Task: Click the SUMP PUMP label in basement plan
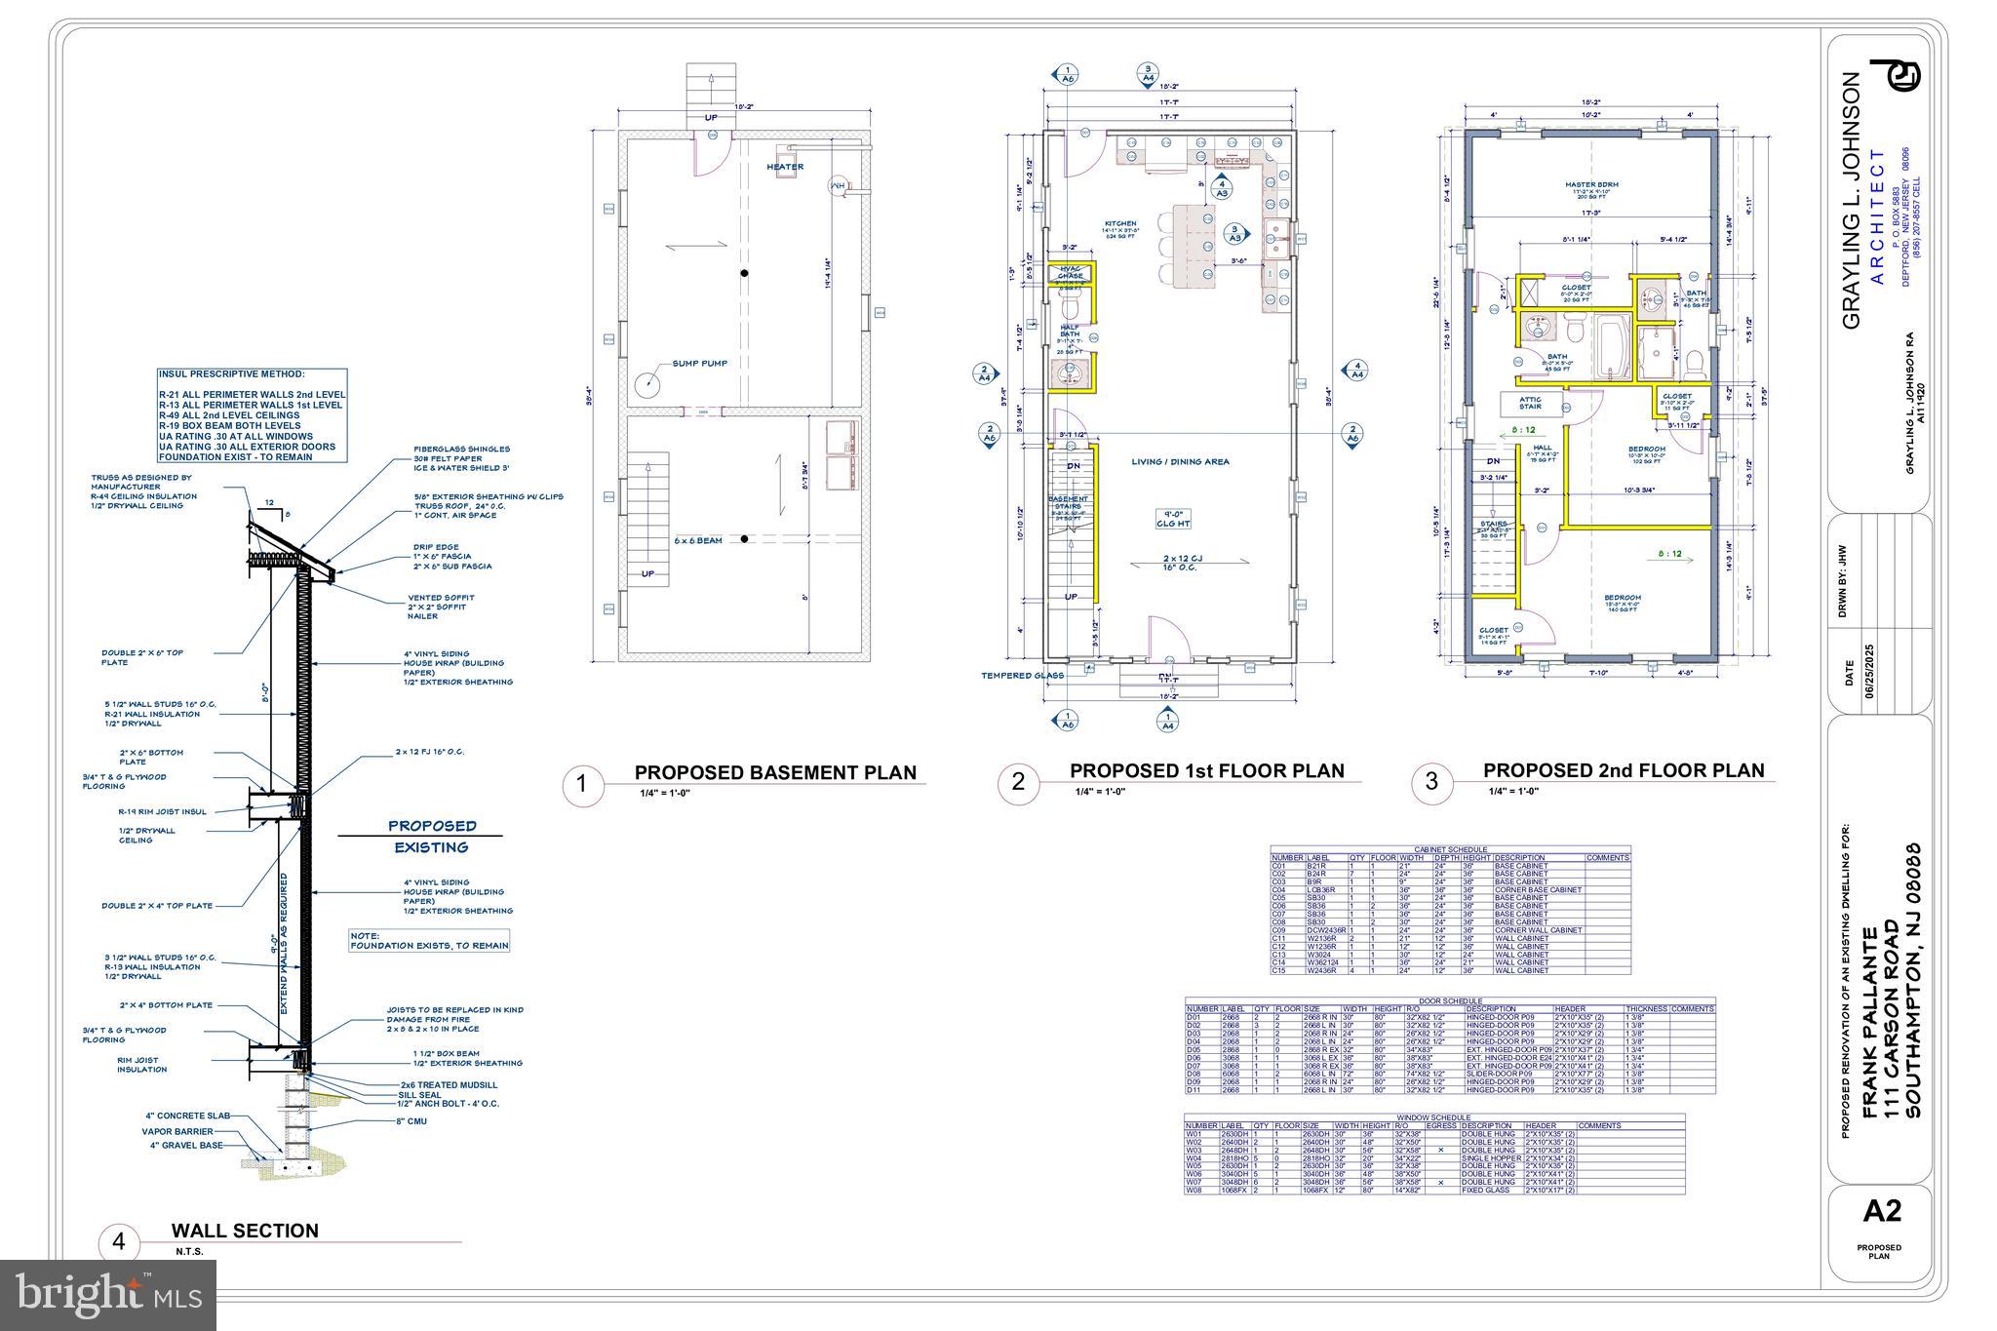(699, 364)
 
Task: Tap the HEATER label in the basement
(784, 167)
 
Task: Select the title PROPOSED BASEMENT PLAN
(775, 772)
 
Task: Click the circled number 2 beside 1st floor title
(1018, 782)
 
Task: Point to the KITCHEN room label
(1120, 224)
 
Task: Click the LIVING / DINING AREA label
(1180, 462)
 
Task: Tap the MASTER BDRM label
(1591, 184)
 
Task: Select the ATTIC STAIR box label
(1530, 402)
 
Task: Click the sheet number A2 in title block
(1881, 1211)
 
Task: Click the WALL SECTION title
(245, 1231)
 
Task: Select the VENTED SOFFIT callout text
(441, 598)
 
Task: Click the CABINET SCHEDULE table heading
(1450, 849)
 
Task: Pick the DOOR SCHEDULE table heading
(1450, 1001)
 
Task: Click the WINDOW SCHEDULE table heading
(1433, 1117)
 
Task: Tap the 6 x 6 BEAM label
(698, 540)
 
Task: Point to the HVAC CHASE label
(1071, 272)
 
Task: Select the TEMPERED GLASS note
(1021, 675)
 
